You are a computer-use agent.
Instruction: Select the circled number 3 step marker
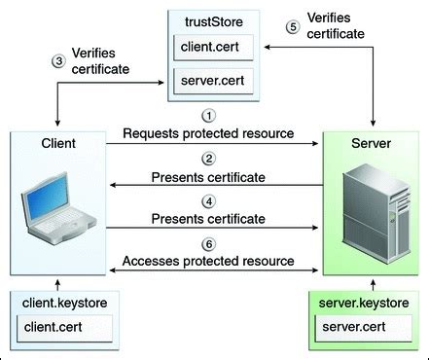tap(57, 61)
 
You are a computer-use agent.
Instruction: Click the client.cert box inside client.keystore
tap(58, 328)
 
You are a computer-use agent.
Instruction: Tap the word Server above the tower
tap(373, 143)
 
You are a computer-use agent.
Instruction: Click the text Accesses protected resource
tap(208, 261)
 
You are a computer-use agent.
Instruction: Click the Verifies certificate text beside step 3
tap(100, 61)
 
